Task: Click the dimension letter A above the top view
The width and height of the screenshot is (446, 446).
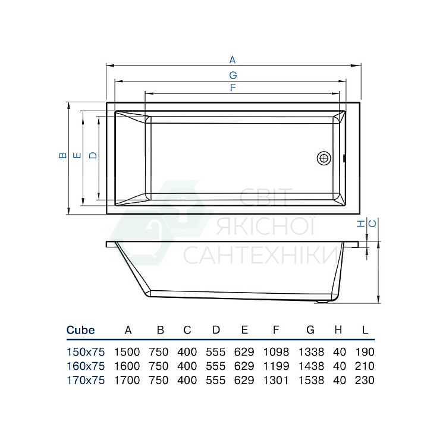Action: click(x=233, y=59)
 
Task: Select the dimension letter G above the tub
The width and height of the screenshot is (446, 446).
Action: click(x=233, y=75)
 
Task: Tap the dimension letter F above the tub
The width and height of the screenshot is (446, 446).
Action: click(x=233, y=87)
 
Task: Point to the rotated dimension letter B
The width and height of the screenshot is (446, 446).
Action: click(x=62, y=155)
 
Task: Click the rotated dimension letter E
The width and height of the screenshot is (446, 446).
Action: click(x=77, y=155)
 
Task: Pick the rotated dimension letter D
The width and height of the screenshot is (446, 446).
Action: click(x=93, y=155)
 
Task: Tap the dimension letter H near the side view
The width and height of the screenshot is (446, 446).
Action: click(x=361, y=224)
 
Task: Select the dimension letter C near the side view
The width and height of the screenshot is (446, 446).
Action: click(x=372, y=224)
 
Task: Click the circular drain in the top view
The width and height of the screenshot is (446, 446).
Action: click(x=324, y=158)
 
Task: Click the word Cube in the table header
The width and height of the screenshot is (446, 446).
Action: click(x=80, y=330)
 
